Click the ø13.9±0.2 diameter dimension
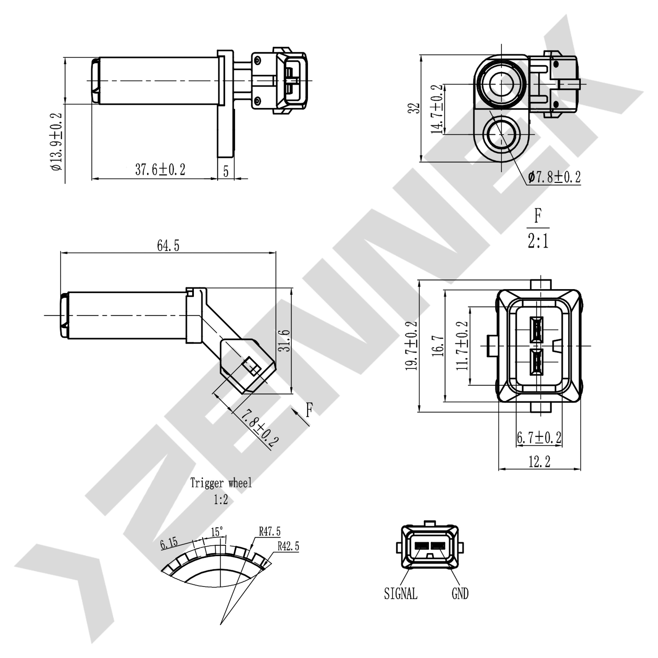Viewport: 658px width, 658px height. [57, 142]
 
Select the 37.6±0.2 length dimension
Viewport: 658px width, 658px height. [160, 170]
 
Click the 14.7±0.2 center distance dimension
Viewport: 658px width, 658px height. [437, 109]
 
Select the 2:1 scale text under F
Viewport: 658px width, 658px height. [538, 241]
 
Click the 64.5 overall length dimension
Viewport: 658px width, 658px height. [168, 246]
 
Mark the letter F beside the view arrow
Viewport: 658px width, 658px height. [309, 410]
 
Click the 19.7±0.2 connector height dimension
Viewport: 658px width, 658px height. [412, 346]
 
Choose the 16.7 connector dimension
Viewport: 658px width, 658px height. [438, 346]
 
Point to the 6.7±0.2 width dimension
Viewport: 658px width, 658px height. [539, 437]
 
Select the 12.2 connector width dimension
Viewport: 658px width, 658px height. [539, 461]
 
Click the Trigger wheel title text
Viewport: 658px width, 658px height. [221, 483]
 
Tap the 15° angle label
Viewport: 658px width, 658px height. [217, 532]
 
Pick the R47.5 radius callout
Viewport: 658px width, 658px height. [269, 532]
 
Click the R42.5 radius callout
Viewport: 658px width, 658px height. [288, 546]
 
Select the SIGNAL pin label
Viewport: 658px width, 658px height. [401, 594]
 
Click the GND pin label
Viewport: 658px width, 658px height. [460, 594]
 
